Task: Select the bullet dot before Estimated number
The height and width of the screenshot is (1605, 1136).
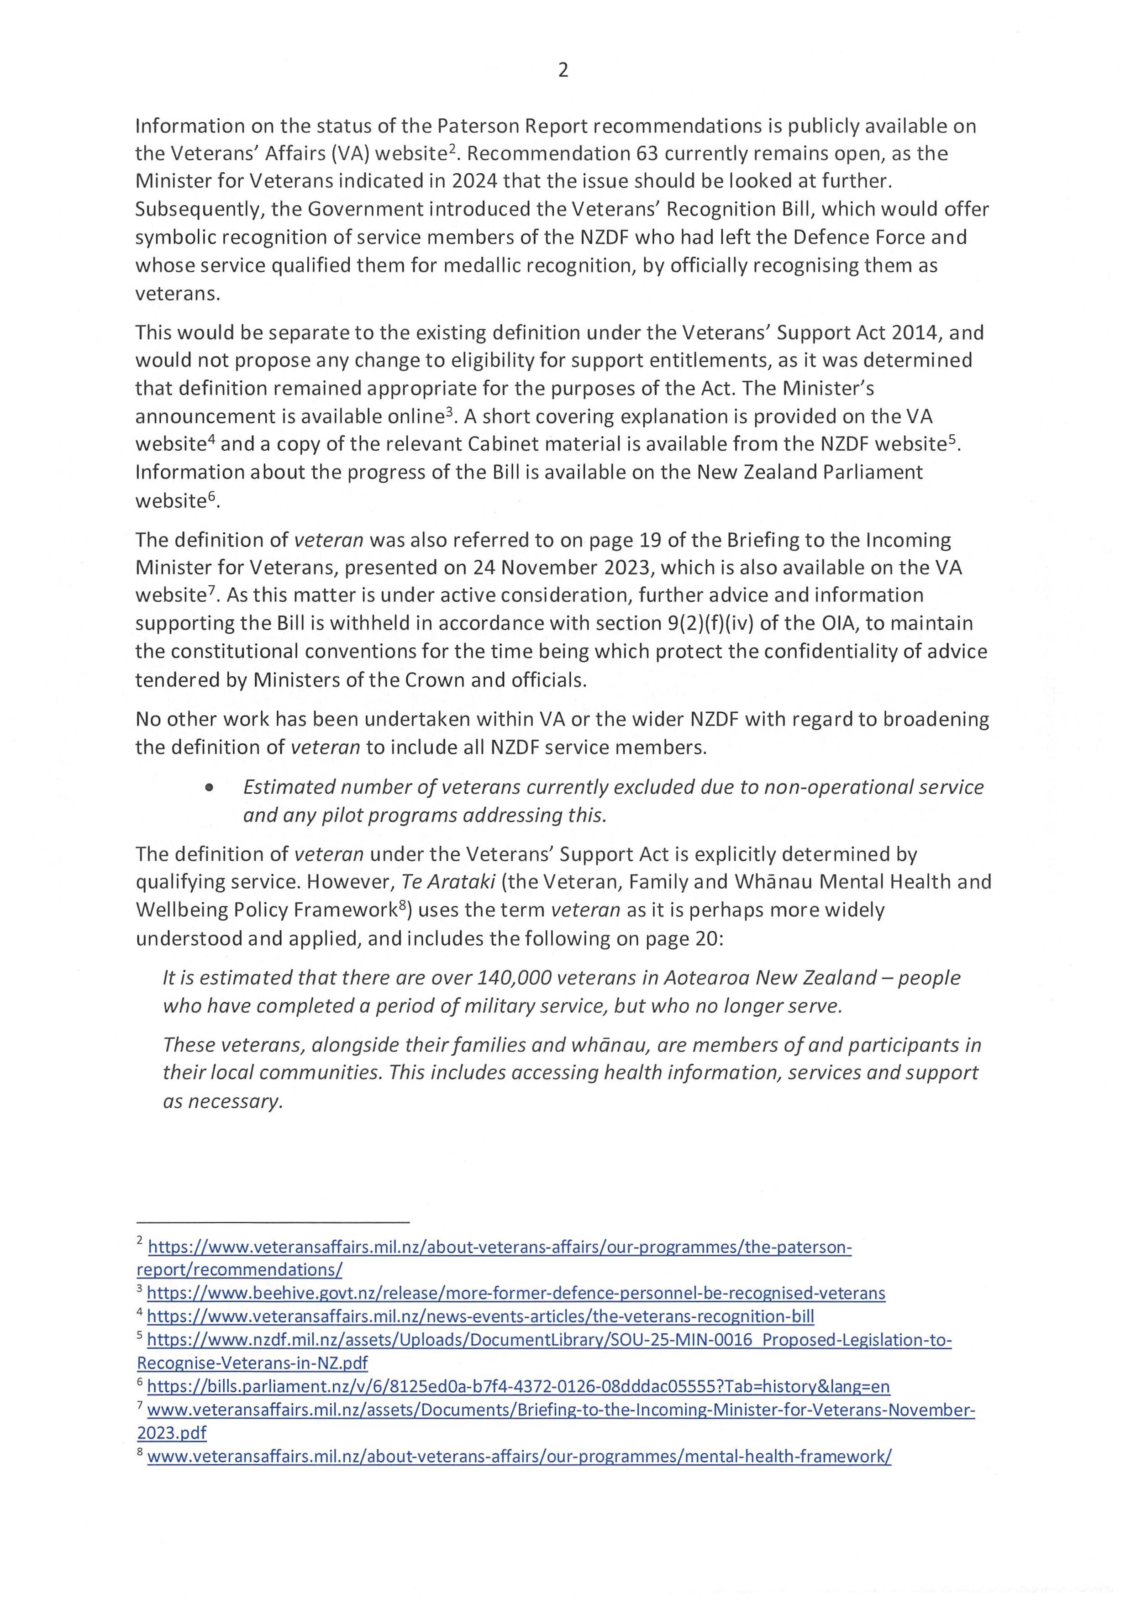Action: click(x=209, y=788)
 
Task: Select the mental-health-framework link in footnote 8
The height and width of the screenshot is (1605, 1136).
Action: click(x=519, y=1456)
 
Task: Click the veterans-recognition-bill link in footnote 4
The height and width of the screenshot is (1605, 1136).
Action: click(x=480, y=1316)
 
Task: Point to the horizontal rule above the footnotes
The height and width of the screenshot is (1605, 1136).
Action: click(x=272, y=1222)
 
